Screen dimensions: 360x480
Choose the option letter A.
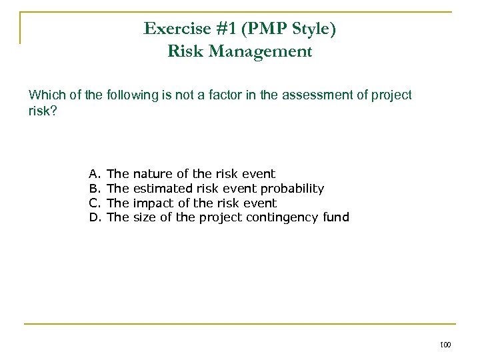tap(93, 175)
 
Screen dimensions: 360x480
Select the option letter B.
tap(93, 189)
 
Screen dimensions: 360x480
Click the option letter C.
tap(93, 203)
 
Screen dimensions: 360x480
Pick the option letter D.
tap(93, 217)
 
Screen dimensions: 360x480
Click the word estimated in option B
tap(163, 189)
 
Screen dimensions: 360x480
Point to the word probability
tap(292, 189)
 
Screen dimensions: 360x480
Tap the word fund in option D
tap(335, 217)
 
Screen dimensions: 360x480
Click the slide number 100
tap(445, 345)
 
